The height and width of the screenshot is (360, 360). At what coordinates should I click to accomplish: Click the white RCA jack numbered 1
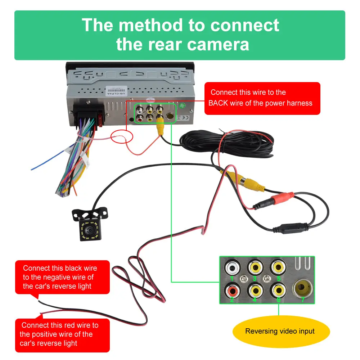point(232,268)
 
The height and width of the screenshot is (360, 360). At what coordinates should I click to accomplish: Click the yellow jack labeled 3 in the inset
point(255,268)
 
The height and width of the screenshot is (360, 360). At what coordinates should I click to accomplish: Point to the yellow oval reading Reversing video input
point(280,331)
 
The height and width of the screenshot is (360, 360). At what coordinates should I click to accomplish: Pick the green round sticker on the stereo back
point(183,106)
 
